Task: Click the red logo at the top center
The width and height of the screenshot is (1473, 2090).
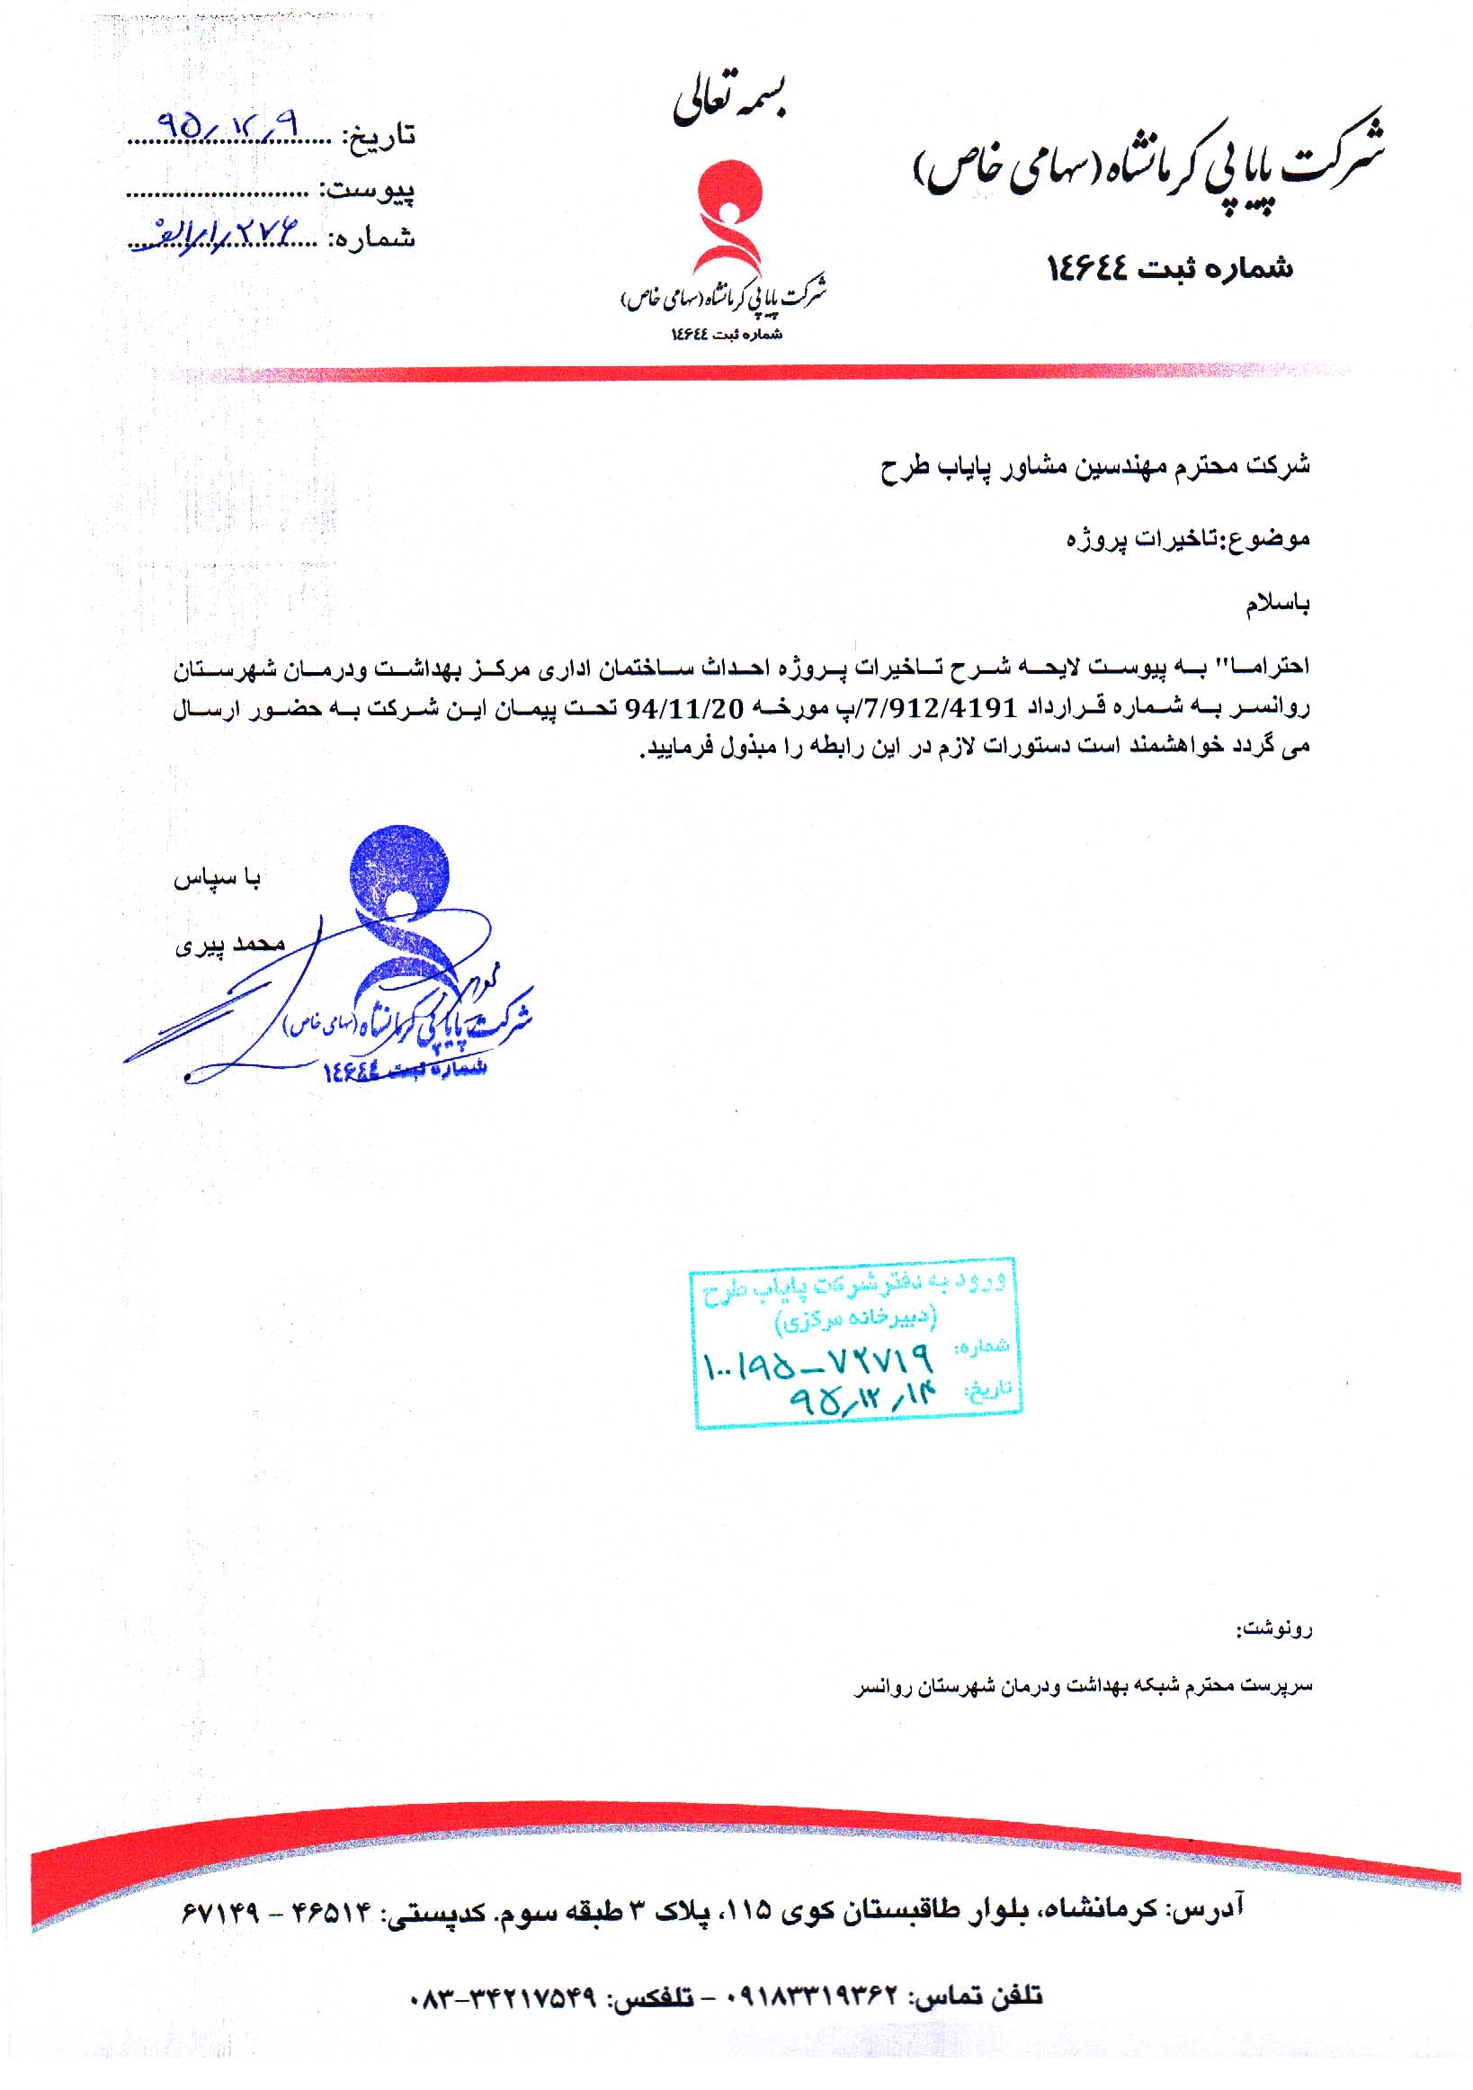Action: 725,219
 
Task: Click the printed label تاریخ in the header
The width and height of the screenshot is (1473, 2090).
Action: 379,138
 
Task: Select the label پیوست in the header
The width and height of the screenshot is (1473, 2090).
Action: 368,191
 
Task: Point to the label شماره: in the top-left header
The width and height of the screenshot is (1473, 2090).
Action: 377,240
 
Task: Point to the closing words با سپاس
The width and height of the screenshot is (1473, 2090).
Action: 219,878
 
